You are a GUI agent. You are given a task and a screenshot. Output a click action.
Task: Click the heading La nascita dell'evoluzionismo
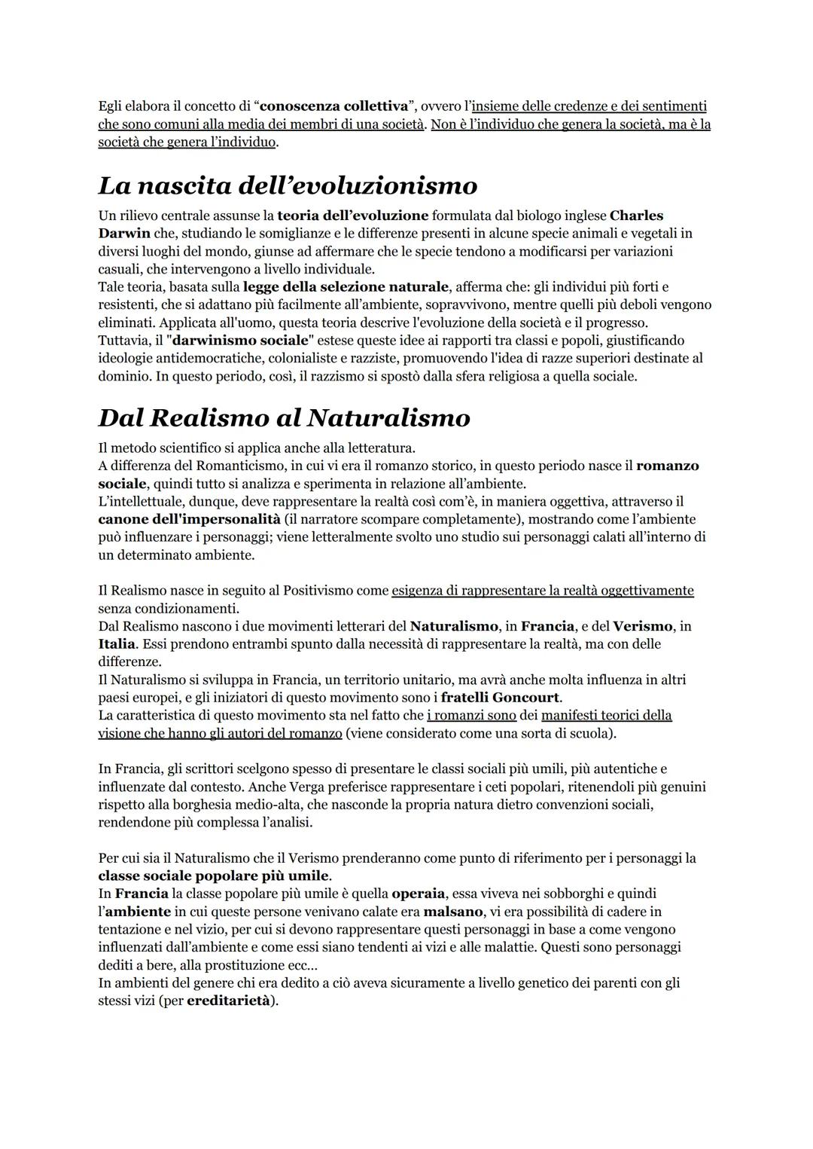click(x=288, y=185)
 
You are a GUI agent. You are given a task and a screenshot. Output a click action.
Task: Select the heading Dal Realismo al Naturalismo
click(x=284, y=417)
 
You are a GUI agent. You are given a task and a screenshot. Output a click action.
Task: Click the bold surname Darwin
click(x=124, y=234)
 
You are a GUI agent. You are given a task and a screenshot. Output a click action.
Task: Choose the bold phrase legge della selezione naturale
click(x=346, y=287)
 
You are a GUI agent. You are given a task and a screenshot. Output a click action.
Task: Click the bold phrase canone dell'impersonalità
click(x=189, y=519)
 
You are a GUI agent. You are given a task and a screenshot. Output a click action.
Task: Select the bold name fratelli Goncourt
click(x=500, y=698)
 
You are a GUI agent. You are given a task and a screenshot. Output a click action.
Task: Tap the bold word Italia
click(x=117, y=644)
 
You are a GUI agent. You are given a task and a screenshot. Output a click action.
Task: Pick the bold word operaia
click(x=419, y=894)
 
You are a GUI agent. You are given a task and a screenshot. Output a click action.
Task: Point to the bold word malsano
click(x=453, y=912)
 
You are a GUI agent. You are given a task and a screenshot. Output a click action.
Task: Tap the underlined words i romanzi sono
click(x=471, y=715)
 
